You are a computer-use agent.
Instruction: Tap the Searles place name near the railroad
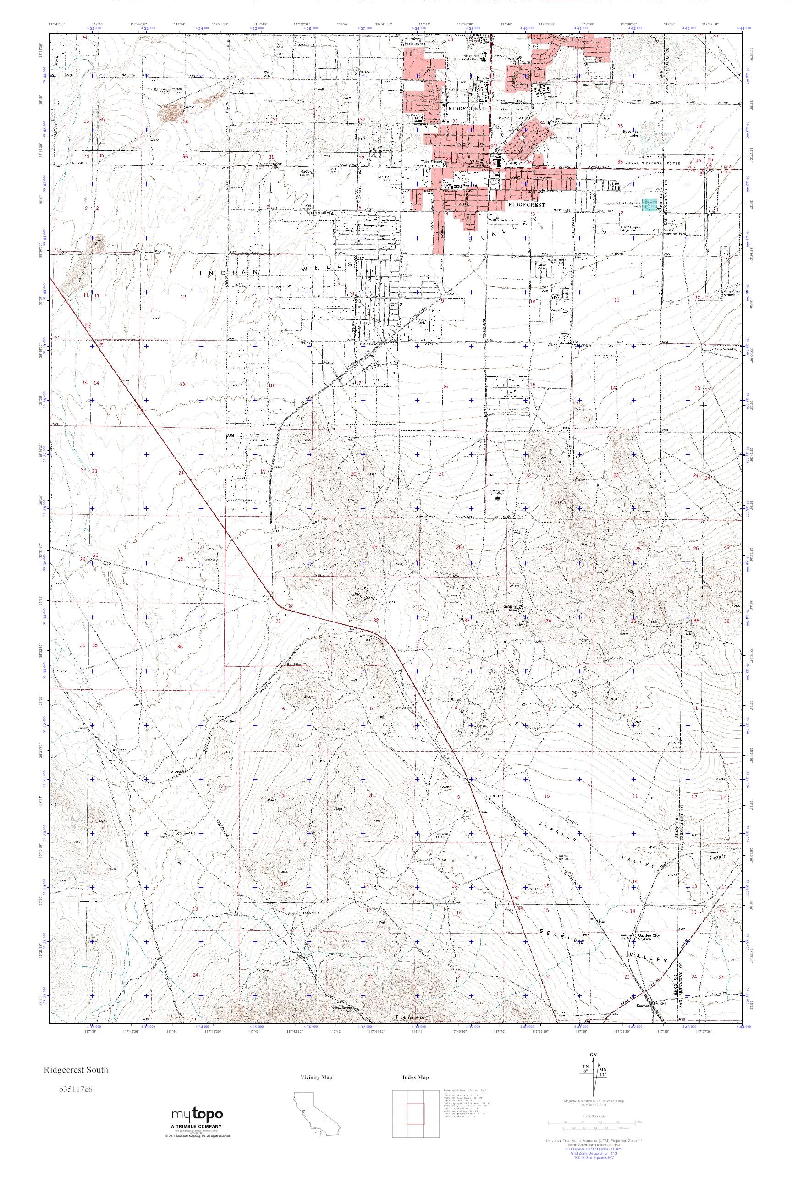pos(643,1005)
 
